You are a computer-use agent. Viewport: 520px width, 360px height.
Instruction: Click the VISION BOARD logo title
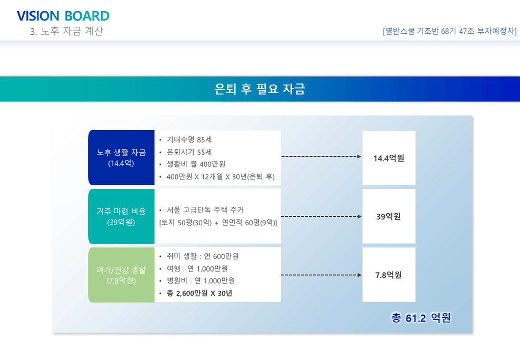coord(63,16)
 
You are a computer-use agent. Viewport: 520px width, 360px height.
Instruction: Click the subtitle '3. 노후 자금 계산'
coord(67,31)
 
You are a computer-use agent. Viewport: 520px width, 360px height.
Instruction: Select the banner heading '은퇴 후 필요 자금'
coord(259,89)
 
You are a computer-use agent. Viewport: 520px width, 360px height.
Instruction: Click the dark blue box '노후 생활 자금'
coord(122,157)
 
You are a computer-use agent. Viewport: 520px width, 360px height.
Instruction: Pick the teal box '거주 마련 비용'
coord(122,216)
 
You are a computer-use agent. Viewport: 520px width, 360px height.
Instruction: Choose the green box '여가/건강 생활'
coord(122,275)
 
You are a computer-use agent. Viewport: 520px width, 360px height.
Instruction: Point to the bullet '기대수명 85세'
coord(189,139)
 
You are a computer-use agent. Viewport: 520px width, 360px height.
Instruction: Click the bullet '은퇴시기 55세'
coord(189,152)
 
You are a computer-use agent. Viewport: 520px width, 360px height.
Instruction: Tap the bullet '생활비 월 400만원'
coord(196,164)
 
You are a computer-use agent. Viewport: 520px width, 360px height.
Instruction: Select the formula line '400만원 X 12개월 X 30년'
coord(221,177)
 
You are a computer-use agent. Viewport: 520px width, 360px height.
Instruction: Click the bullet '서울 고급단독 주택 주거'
coord(205,210)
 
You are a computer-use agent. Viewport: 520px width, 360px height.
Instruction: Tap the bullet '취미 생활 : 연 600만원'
coord(203,256)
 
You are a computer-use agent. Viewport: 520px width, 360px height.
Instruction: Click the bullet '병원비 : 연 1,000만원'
coord(201,281)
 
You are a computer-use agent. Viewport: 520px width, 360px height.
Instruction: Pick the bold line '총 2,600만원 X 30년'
coord(199,293)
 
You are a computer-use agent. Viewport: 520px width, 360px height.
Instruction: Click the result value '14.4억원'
coord(388,158)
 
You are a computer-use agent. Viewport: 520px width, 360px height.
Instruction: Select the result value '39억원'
coord(388,216)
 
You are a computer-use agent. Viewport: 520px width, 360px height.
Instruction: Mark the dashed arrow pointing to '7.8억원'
coord(322,275)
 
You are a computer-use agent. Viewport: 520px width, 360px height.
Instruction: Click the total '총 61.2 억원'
coord(421,318)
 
